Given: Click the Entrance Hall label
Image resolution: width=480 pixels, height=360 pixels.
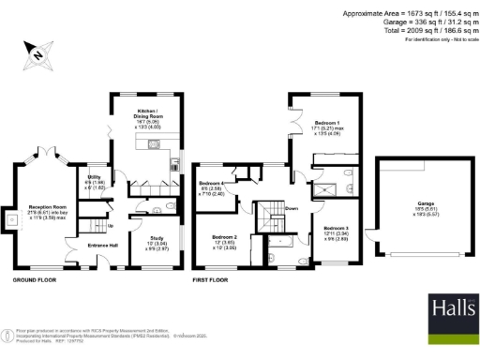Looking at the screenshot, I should click(x=102, y=246).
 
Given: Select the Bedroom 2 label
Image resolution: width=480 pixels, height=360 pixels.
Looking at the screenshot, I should click(x=224, y=241).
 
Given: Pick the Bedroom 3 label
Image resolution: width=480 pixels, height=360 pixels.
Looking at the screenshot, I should click(x=337, y=232).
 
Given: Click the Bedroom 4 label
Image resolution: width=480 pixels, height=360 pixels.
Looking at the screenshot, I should click(x=210, y=187).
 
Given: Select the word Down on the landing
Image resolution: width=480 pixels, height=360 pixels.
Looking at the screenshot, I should click(x=292, y=209).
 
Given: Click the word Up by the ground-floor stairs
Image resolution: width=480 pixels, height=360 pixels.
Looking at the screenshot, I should click(x=112, y=225).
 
